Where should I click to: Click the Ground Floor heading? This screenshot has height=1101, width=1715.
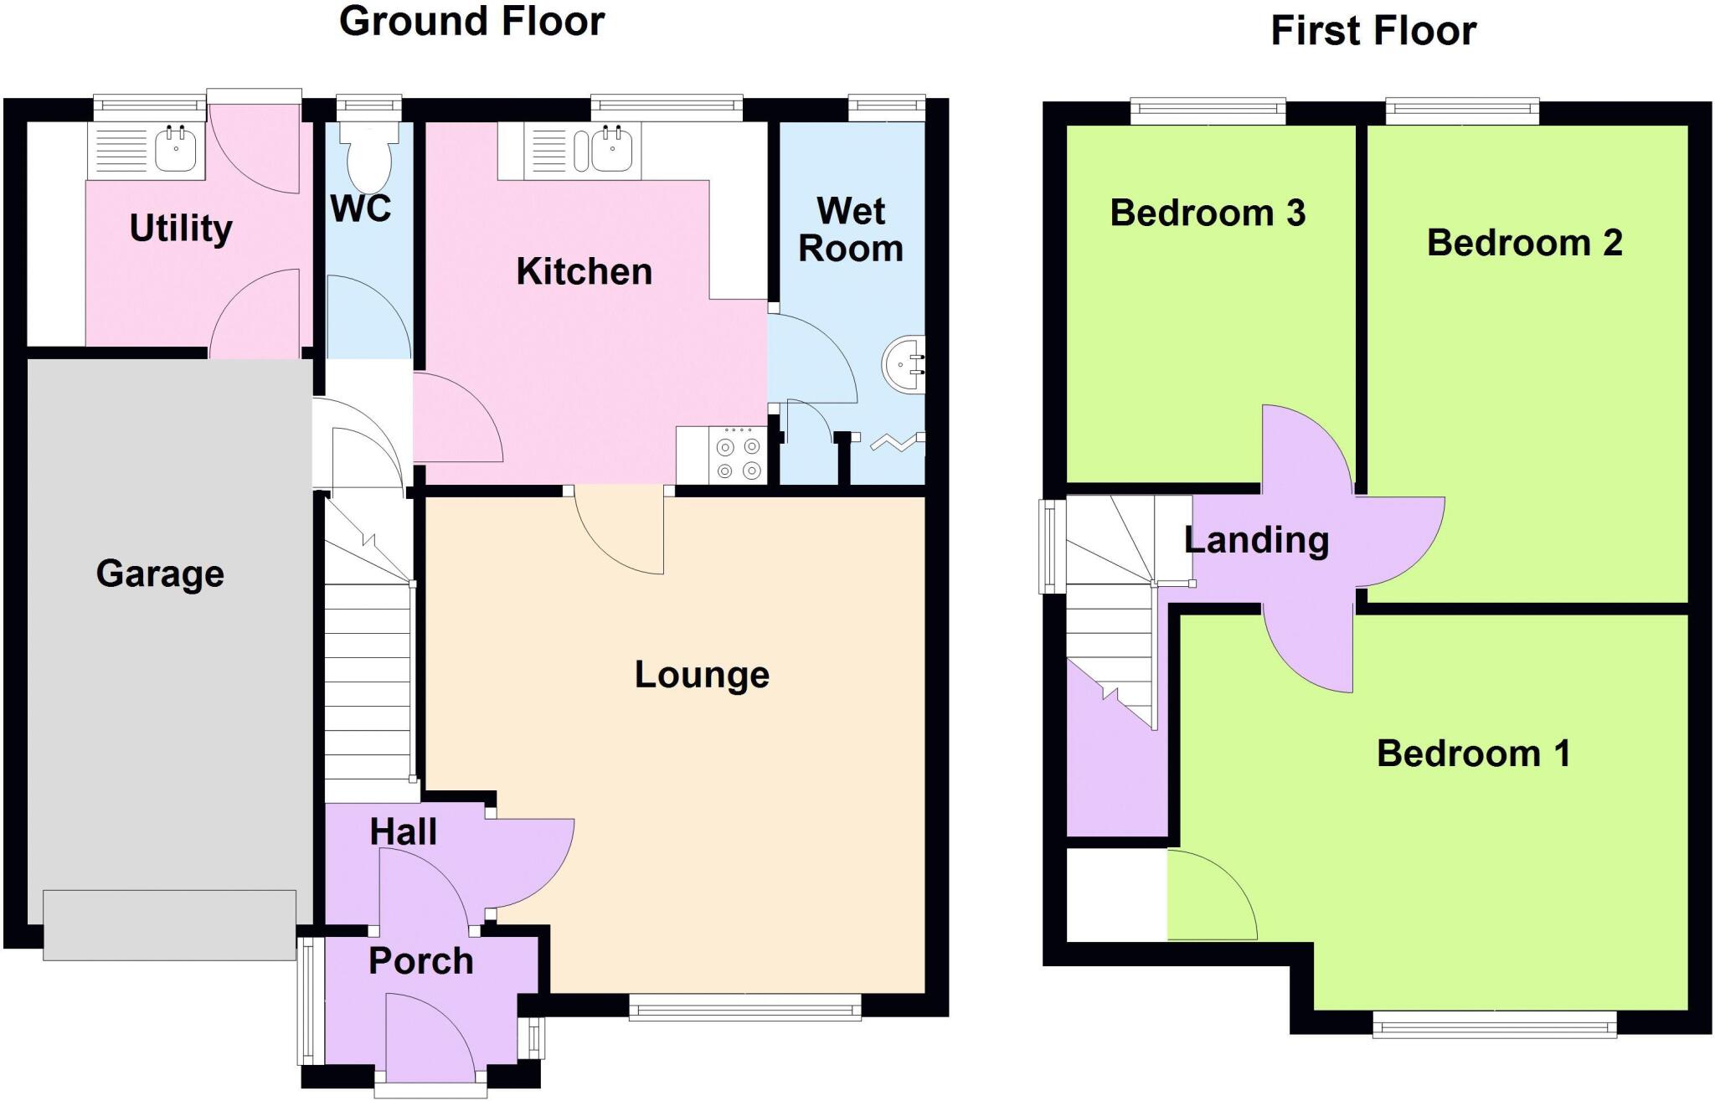point(471,22)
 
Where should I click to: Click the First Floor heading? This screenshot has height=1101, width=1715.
point(1373,31)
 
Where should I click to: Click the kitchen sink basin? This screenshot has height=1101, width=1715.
point(612,151)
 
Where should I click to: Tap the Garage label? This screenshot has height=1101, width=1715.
point(160,574)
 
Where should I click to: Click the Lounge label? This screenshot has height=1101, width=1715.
point(702,675)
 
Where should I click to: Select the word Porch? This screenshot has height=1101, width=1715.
point(420,961)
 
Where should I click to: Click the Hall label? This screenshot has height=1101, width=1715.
point(403,832)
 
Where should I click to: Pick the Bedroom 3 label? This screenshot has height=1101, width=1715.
point(1208,214)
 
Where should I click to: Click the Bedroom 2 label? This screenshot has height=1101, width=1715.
point(1524,244)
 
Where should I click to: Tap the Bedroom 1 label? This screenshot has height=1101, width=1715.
point(1473,754)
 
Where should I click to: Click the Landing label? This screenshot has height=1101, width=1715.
point(1256,540)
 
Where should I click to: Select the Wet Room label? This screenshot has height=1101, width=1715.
point(850,230)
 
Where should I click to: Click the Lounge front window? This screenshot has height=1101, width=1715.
point(744,1007)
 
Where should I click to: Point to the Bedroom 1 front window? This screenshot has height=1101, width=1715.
point(1494,1024)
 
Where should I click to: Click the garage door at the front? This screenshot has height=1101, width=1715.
point(169,924)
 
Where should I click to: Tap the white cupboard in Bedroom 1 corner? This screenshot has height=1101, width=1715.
point(1116,894)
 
